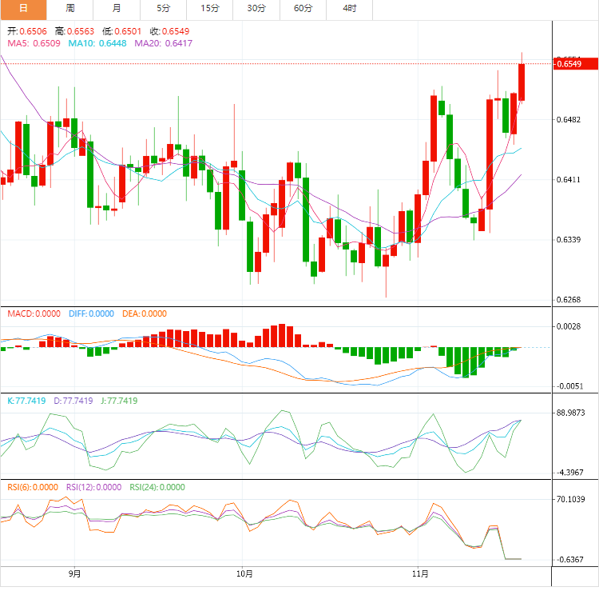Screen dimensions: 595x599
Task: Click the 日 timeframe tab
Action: pos(23,8)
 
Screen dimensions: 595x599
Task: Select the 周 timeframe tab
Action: pos(70,8)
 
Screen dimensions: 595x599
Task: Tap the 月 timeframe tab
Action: pos(117,8)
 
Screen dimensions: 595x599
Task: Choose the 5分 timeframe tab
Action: pos(163,8)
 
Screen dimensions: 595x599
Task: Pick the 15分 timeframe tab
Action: pos(210,8)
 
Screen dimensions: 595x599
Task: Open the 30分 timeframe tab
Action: pos(256,8)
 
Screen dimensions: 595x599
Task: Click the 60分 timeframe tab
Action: pos(303,8)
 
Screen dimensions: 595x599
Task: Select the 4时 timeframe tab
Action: pos(350,8)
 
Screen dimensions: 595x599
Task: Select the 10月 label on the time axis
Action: pos(245,573)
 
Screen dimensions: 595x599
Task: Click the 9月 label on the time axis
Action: pos(74,573)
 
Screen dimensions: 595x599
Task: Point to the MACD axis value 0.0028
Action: pos(569,326)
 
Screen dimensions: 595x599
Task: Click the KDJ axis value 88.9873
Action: pos(571,413)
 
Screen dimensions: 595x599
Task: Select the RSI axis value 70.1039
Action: pos(571,499)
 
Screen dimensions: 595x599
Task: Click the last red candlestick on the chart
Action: pos(522,82)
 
